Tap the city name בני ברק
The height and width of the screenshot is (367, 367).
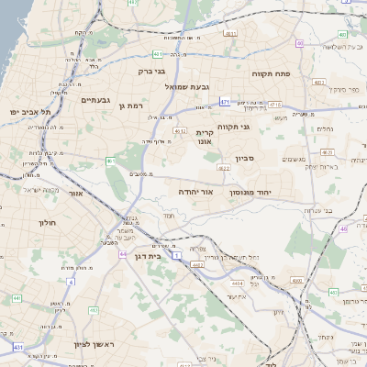coord(151,70)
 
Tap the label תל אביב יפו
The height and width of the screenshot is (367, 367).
coord(29,112)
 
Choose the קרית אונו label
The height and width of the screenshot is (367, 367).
coord(205,137)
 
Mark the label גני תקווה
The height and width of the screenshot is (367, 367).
coord(234,127)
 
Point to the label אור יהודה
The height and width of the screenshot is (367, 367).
coord(195,192)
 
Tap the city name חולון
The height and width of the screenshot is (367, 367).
coord(48,223)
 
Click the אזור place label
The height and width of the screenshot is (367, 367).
coord(77,194)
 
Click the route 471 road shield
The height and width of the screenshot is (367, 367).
coord(225,103)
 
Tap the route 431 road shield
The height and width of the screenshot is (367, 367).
coord(18,347)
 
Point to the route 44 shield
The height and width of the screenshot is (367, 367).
coord(123,254)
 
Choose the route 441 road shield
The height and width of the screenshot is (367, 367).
coord(17,298)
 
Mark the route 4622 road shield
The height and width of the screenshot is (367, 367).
coord(224,168)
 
